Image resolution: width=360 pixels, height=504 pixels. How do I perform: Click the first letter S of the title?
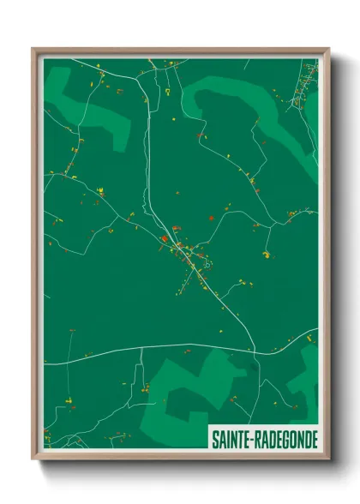(214, 439)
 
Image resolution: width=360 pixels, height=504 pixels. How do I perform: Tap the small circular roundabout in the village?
(207, 265)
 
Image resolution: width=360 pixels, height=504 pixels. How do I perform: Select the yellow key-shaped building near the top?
(168, 90)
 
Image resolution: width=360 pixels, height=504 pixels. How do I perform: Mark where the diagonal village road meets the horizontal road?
(255, 349)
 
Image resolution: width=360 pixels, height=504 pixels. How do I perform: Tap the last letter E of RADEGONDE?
(313, 439)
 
